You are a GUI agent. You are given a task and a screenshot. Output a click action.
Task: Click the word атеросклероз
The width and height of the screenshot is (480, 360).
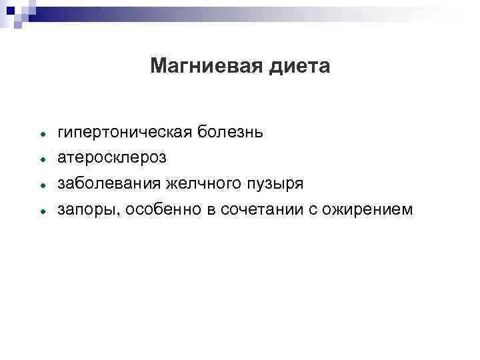click(x=113, y=158)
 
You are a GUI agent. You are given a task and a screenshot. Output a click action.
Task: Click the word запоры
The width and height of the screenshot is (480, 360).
click(x=83, y=210)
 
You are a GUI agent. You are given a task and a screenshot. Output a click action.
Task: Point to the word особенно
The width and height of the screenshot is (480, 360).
click(x=154, y=210)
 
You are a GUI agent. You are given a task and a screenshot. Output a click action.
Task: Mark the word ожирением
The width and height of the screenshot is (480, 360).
click(x=367, y=210)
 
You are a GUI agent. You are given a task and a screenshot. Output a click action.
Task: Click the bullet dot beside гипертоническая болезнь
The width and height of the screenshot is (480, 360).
click(x=41, y=134)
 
